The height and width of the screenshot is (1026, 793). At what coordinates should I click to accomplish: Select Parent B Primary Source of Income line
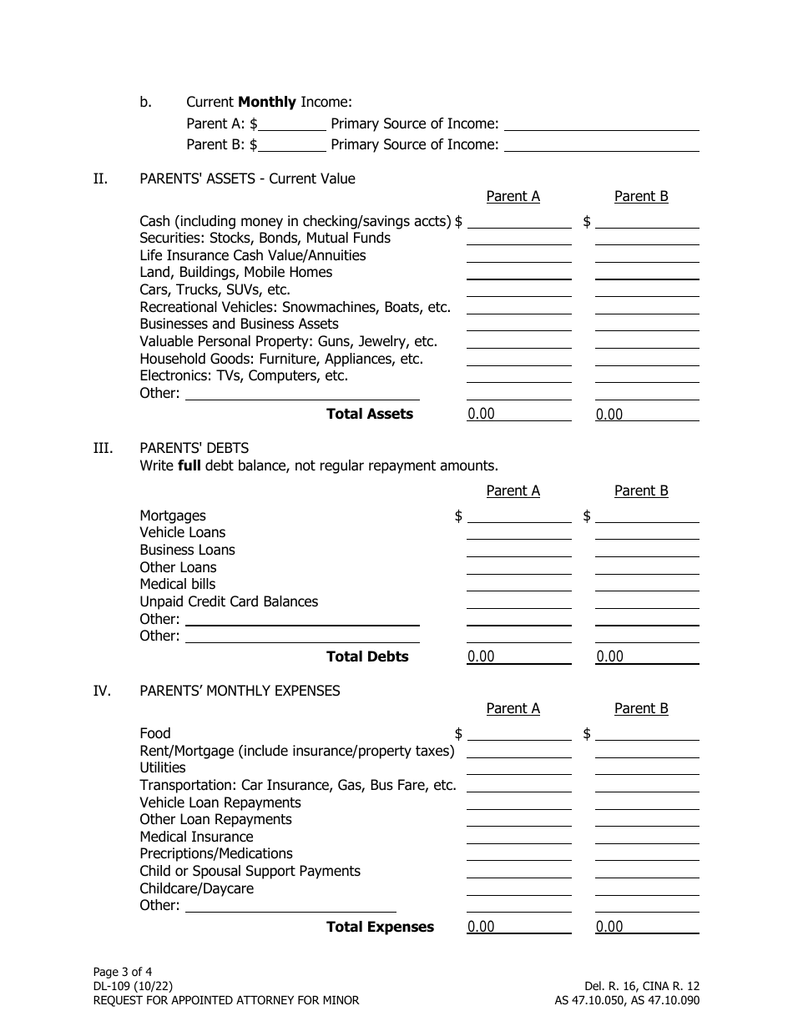click(601, 144)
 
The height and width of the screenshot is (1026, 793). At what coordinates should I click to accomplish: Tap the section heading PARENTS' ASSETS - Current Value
click(247, 179)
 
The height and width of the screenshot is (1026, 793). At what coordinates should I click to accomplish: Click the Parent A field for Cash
click(518, 221)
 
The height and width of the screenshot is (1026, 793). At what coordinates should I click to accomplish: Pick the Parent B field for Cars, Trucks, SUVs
click(646, 289)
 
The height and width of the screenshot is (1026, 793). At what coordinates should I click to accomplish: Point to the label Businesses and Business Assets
click(239, 324)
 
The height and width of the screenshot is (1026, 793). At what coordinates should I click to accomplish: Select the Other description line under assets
click(301, 393)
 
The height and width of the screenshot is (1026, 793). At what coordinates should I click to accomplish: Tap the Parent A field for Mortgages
click(518, 516)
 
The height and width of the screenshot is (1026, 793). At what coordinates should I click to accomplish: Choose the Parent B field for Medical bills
click(646, 584)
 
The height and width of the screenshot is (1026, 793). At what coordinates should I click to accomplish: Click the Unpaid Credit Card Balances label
click(229, 601)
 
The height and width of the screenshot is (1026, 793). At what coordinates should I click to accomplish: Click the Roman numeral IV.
click(101, 691)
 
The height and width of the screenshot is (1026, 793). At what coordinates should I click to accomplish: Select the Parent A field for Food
click(518, 733)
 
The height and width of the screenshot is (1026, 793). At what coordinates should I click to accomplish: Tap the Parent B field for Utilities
click(646, 767)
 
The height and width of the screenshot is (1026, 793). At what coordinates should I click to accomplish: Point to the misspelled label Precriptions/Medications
click(216, 853)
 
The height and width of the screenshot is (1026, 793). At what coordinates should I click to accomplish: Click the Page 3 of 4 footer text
click(123, 972)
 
